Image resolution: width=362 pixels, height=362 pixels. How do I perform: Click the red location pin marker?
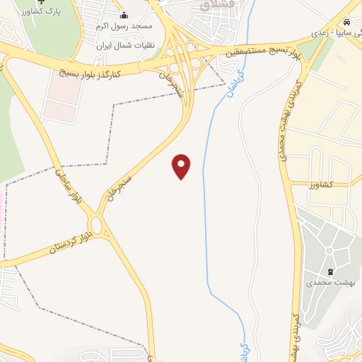pyautogui.click(x=182, y=165)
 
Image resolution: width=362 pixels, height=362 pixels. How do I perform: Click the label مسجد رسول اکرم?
pyautogui.click(x=124, y=26)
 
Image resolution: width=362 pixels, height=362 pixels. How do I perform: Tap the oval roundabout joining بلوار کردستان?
pyautogui.click(x=103, y=226)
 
